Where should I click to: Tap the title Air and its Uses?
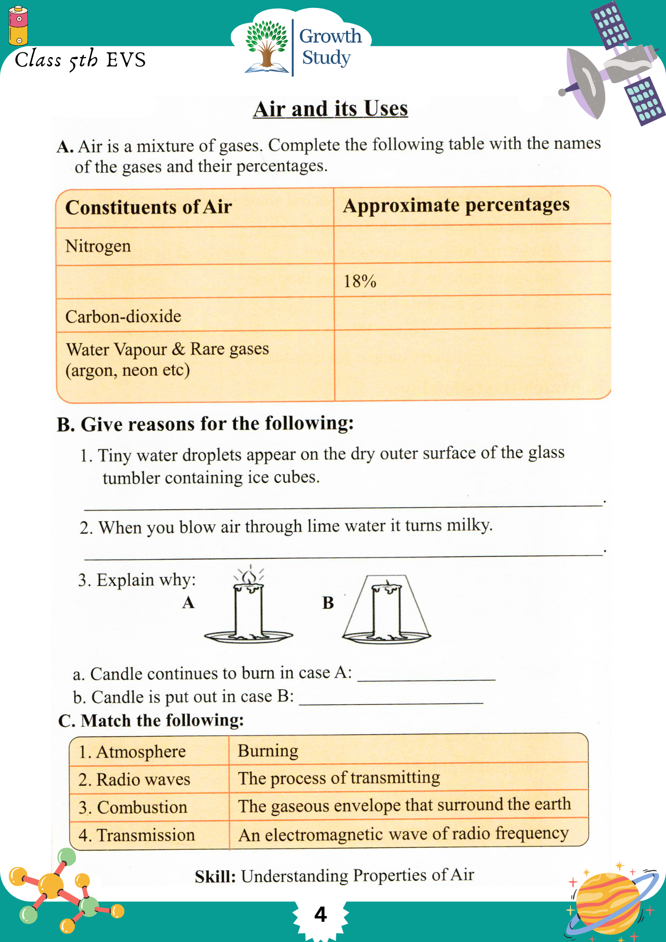330,109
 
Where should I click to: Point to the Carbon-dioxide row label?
123,316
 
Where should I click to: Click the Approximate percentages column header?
456,206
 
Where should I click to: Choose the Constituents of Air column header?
148,207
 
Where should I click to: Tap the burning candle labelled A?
249,608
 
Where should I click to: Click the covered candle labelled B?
387,610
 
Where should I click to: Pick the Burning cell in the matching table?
268,750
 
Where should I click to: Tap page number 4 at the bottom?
320,914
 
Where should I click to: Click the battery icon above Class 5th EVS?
18,26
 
